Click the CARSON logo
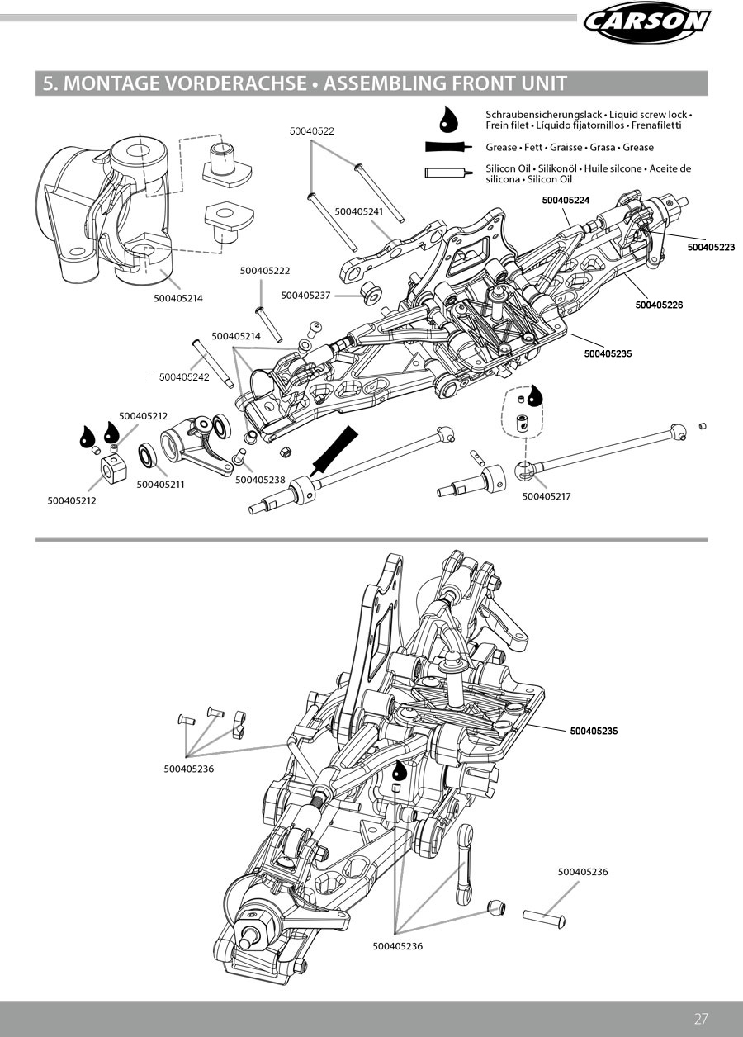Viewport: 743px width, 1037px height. (646, 21)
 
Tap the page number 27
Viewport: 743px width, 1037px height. (702, 1018)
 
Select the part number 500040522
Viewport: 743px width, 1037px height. (311, 131)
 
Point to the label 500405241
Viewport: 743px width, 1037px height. (359, 211)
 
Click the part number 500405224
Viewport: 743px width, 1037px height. (566, 200)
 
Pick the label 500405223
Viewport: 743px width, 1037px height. (711, 246)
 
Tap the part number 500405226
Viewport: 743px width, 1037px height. (659, 305)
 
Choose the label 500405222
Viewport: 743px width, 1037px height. (265, 271)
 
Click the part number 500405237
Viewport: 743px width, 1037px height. (305, 296)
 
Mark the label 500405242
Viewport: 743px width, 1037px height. (184, 377)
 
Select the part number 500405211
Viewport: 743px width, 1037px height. (160, 485)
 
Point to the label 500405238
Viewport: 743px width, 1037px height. (260, 480)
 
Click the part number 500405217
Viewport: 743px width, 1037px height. (547, 496)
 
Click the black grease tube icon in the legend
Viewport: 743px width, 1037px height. (447, 147)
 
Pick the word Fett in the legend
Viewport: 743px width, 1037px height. (532, 148)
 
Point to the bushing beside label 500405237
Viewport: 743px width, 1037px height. (371, 291)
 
